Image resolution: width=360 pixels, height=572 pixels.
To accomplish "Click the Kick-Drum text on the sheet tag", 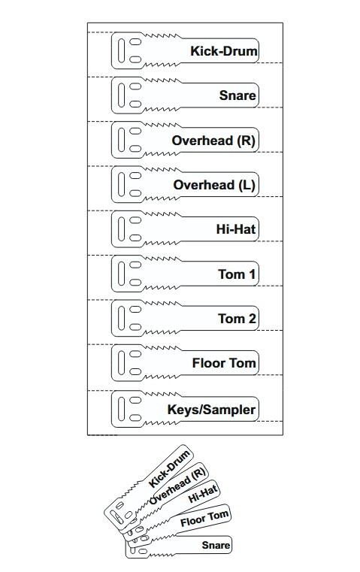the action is [x=224, y=51].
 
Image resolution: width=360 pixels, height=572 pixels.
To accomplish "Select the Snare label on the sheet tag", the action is [x=237, y=95].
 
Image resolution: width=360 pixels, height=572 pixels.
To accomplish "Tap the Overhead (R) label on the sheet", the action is [x=213, y=141].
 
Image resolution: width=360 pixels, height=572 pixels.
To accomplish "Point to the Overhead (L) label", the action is [x=214, y=185].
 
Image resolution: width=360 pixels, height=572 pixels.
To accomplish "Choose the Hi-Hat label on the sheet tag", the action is [x=236, y=229].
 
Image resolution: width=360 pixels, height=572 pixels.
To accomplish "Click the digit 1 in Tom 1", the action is [x=251, y=274].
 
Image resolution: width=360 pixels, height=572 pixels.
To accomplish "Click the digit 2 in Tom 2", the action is [x=251, y=319].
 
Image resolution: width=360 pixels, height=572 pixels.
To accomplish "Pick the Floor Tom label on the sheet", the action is [x=224, y=363].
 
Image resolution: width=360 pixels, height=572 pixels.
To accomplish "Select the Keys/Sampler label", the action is [x=211, y=410].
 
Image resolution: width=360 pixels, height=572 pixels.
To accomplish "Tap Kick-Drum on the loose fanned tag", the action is [x=170, y=469].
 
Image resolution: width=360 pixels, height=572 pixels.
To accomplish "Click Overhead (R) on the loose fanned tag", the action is [x=177, y=487].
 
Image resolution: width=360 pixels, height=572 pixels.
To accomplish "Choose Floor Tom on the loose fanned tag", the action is [x=204, y=519].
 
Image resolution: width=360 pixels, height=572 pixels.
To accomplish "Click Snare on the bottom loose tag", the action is [x=216, y=546].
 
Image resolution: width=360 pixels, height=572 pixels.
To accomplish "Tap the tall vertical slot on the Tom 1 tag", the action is [x=122, y=274].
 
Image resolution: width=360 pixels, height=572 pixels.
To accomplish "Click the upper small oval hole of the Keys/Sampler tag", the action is [x=135, y=400].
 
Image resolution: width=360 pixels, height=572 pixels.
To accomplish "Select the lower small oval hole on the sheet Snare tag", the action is [x=135, y=104].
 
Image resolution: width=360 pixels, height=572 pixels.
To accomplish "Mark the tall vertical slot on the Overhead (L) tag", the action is [x=122, y=184].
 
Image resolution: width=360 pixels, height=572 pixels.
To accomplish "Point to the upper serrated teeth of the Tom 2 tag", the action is [x=162, y=303].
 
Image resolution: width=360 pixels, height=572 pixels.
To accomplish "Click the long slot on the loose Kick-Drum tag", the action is [x=116, y=516].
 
